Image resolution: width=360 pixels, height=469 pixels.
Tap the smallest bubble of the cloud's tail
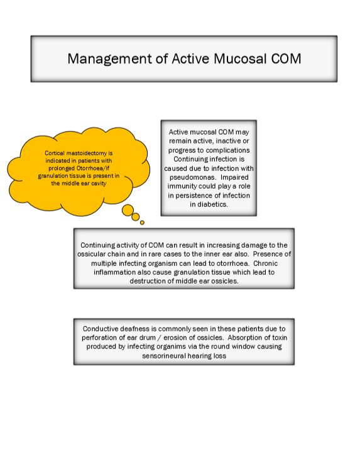pos(143,222)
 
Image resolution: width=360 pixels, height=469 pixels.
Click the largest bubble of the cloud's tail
pos(128,209)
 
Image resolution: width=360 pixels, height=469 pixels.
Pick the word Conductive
pos(105,328)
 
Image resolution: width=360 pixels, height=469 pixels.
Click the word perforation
pos(102,337)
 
